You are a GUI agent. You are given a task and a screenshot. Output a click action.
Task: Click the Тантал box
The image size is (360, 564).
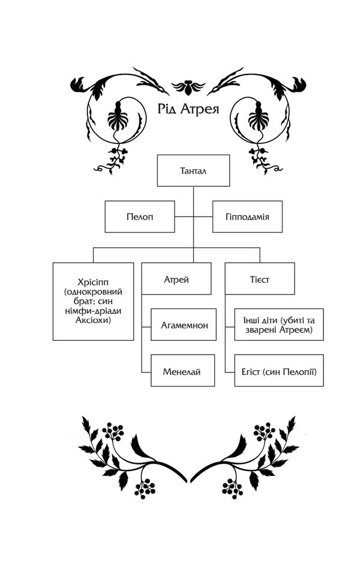[193, 170]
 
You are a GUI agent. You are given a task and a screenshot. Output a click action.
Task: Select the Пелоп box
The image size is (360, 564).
[140, 217]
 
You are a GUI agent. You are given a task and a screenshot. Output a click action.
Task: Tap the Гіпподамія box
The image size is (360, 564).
[248, 217]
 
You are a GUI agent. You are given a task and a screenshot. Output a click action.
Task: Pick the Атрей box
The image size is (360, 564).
[176, 279]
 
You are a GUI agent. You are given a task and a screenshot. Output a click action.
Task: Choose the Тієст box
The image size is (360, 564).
[260, 279]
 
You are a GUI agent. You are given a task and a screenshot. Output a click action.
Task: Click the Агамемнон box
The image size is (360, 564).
[184, 325]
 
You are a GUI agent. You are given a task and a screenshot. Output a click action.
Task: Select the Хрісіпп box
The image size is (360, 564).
[93, 301]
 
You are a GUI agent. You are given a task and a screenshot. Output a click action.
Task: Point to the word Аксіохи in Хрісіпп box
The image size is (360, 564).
[93, 320]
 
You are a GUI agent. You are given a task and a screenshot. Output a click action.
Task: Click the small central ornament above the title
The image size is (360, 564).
[188, 88]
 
